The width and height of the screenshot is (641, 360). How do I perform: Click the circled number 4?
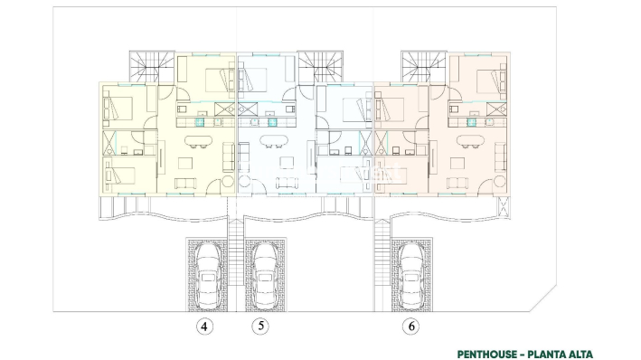coord(206,327)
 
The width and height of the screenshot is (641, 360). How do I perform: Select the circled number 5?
coord(259,327)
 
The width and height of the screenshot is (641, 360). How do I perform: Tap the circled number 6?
coord(412,327)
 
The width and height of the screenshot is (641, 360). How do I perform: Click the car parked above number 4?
coord(209,275)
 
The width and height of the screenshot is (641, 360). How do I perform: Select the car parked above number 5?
coord(265,275)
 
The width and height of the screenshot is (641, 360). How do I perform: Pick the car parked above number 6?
coord(412,275)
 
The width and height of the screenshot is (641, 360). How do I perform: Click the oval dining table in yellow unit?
coord(198,139)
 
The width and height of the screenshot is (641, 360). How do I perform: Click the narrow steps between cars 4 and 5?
coord(237,271)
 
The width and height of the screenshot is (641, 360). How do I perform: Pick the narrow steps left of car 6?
coord(384,271)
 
